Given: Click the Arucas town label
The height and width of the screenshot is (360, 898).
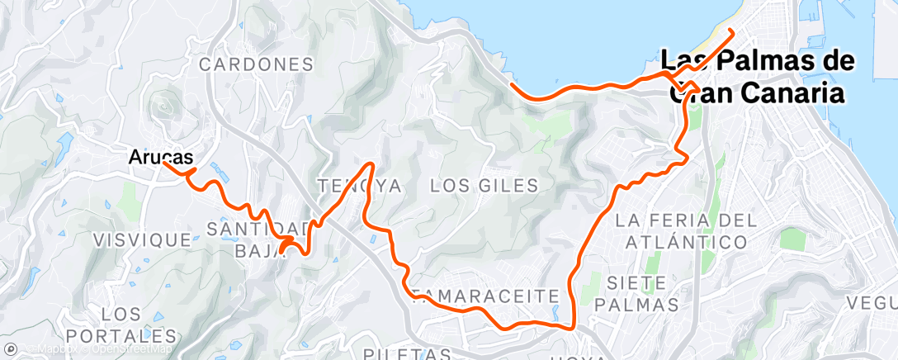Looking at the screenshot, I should tap(161, 155).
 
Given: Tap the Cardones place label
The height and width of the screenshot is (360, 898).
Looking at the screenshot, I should tap(256, 64).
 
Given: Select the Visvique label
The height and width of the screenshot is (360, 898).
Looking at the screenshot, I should tap(143, 239).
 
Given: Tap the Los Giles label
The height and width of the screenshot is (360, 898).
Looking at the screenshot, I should tap(484, 185).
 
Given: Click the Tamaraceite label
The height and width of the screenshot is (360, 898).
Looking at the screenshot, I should tap(489, 295).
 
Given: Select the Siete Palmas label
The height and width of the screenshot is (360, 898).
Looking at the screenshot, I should tap(642, 293).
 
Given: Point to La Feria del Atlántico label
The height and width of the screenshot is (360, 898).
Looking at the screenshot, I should tap(686, 230).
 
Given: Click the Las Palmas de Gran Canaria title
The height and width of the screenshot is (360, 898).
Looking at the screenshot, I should tap(757, 78).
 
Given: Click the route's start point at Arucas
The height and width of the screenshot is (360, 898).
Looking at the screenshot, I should tap(164, 163).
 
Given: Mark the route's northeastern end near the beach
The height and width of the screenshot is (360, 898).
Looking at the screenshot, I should tap(732, 31).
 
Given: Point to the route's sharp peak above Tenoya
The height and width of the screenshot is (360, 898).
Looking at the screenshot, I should tap(370, 163).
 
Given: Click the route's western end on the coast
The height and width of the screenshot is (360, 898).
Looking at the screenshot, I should tap(512, 84).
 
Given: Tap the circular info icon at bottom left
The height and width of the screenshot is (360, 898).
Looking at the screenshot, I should tap(9, 349).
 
